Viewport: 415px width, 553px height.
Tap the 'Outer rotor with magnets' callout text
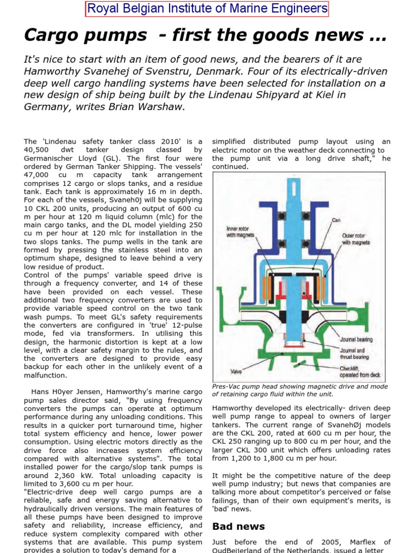click(356, 239)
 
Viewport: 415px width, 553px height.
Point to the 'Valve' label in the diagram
click(236, 371)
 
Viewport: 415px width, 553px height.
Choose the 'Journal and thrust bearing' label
click(354, 354)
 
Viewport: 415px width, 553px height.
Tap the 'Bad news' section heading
click(231, 526)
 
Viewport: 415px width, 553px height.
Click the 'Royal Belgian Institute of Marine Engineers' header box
click(207, 9)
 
